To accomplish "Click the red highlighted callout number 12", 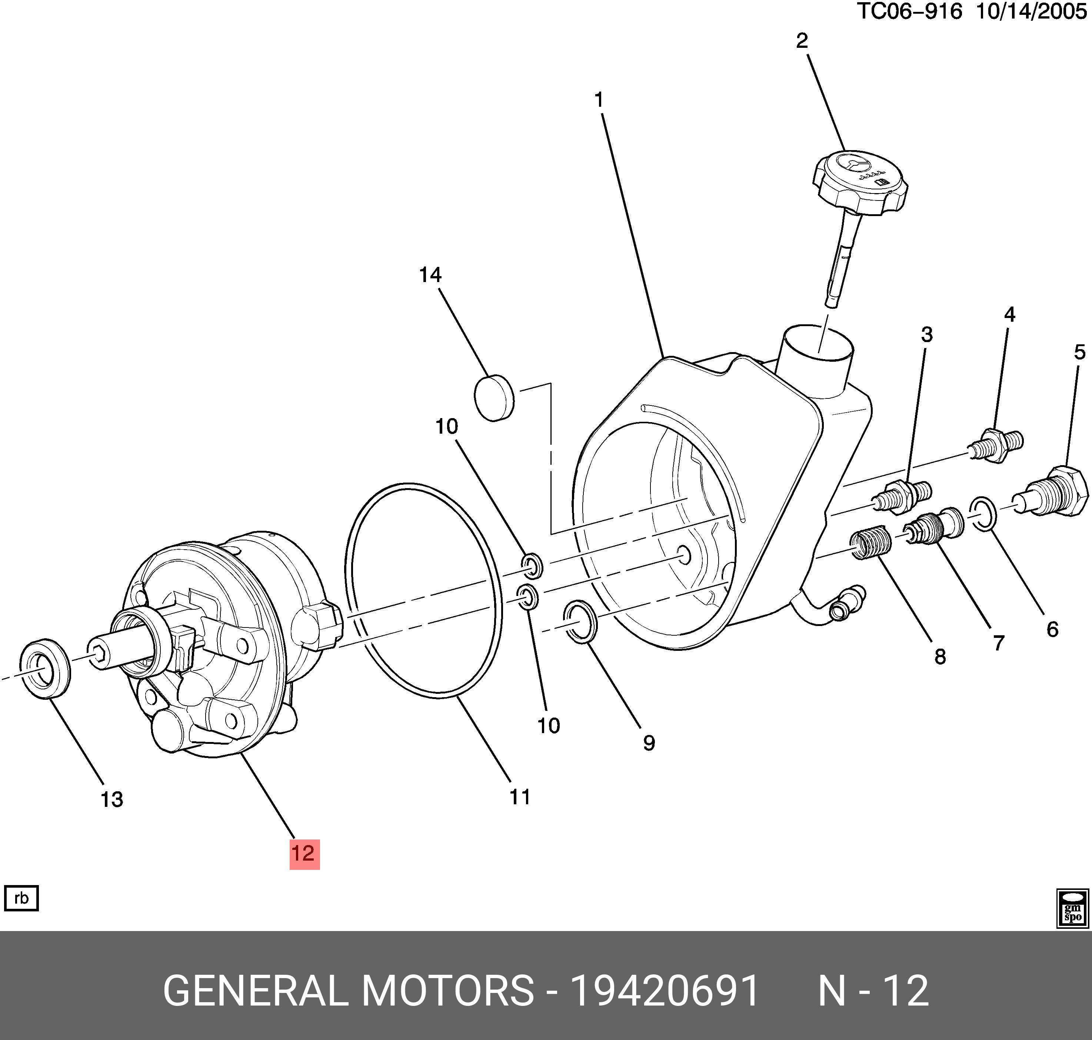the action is point(304,853).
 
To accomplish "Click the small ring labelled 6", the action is point(983,513).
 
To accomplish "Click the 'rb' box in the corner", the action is point(21,898).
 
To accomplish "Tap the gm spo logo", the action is point(1073,908).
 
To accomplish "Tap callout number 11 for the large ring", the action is point(520,796).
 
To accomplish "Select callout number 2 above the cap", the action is point(802,40).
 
